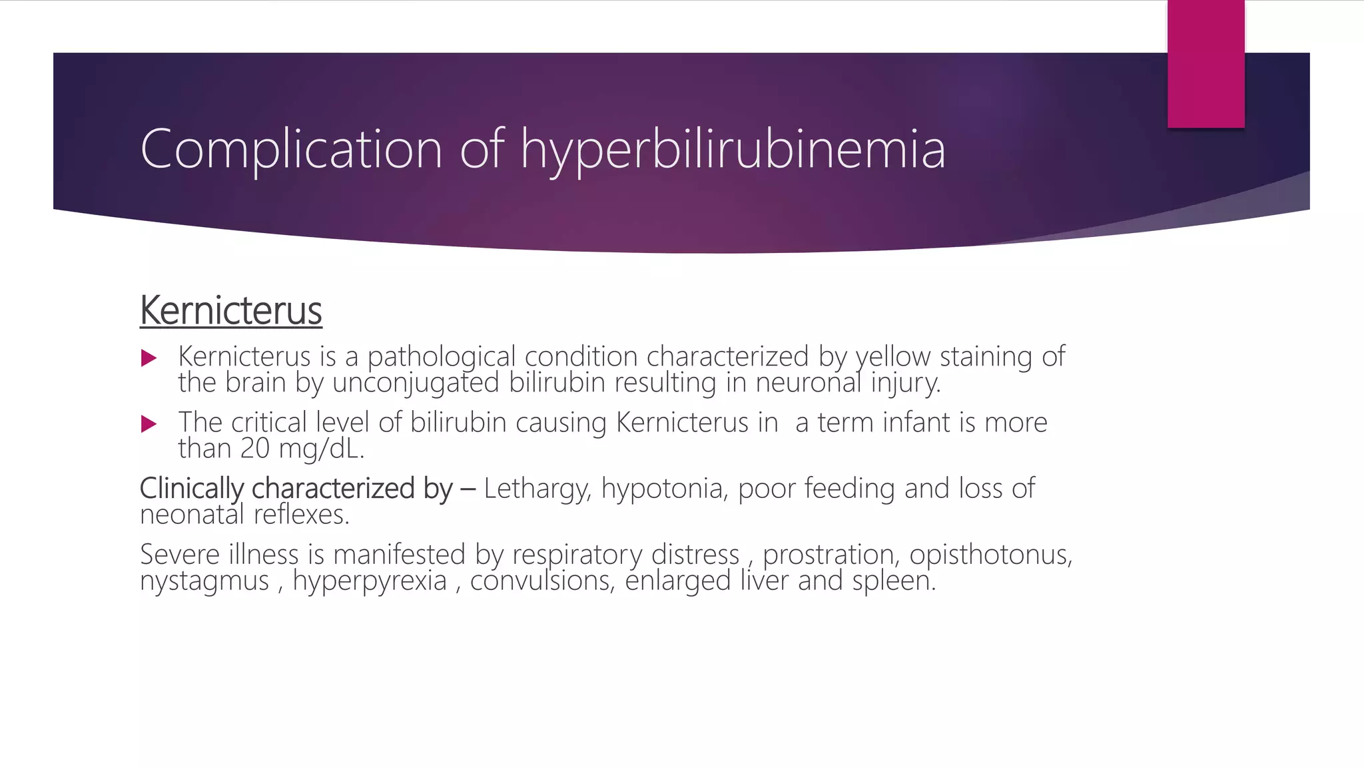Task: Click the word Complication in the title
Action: tap(291, 149)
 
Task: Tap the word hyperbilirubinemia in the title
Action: tap(733, 149)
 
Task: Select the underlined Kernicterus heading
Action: tap(230, 311)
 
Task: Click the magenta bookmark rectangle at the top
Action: tap(1205, 63)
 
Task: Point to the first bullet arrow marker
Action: tap(149, 358)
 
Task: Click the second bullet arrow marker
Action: tap(149, 423)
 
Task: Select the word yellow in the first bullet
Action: tap(892, 357)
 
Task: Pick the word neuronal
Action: tap(809, 383)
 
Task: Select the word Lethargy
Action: tap(537, 489)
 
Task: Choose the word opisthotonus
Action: tap(990, 555)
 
